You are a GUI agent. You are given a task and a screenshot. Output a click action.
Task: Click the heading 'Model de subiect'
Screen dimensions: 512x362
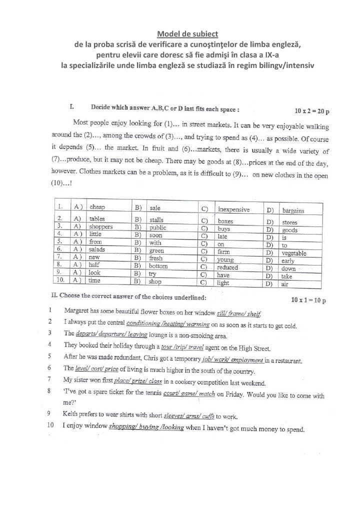[187, 34]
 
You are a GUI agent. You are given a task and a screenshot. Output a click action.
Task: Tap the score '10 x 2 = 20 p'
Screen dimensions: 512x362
[312, 111]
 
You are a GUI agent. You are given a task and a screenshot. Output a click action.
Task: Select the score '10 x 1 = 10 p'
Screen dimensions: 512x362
[308, 300]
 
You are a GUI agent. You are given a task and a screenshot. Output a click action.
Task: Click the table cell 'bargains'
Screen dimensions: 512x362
[293, 210]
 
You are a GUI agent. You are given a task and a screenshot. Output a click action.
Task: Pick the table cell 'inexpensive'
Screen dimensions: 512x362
[233, 209]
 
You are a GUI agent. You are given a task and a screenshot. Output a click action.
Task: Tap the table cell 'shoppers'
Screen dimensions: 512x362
[101, 226]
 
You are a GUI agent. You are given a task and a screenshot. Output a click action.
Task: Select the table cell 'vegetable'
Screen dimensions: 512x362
[294, 253]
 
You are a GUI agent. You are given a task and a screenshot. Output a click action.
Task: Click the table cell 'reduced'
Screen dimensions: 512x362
[227, 267]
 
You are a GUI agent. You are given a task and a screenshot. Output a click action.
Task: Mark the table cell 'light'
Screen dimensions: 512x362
[223, 282]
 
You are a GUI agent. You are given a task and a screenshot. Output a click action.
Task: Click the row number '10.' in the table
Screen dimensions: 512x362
[60, 280]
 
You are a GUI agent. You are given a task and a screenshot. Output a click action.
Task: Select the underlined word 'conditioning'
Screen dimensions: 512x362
[147, 323]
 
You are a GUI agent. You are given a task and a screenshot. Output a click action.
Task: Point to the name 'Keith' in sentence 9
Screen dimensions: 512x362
[71, 413]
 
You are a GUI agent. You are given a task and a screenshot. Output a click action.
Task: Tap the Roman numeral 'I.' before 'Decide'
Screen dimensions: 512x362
[72, 106]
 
